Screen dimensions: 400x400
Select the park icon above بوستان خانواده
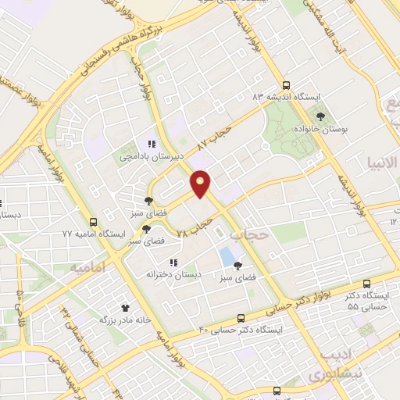coord(320,116)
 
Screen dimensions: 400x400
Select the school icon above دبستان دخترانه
coord(173,262)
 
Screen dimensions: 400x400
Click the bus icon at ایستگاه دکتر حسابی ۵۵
coord(369,284)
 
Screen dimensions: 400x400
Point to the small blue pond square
coord(227,255)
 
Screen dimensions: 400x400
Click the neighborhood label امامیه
coord(87,268)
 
